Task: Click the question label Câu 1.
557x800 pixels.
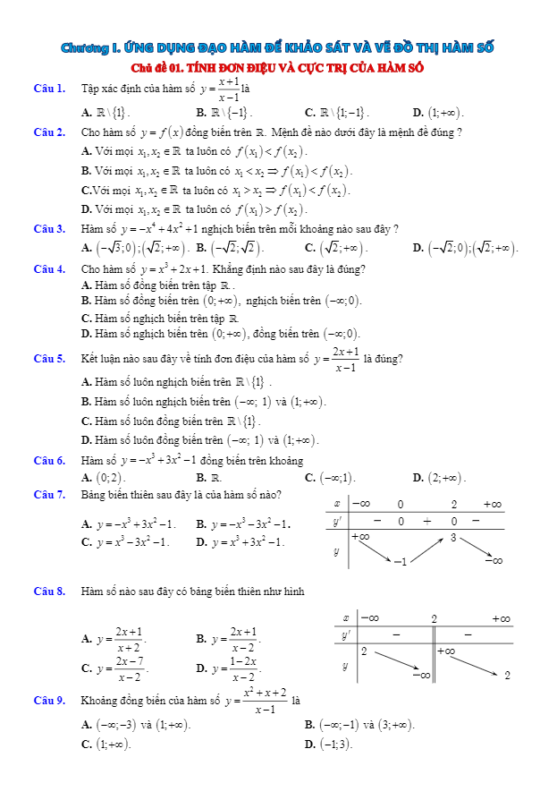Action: [48, 89]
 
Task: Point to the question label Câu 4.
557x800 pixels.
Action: [48, 268]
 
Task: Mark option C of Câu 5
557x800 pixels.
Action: [171, 421]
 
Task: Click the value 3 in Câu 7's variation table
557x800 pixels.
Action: [453, 538]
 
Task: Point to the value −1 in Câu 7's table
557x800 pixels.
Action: [401, 561]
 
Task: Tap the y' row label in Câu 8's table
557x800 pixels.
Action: [345, 634]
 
